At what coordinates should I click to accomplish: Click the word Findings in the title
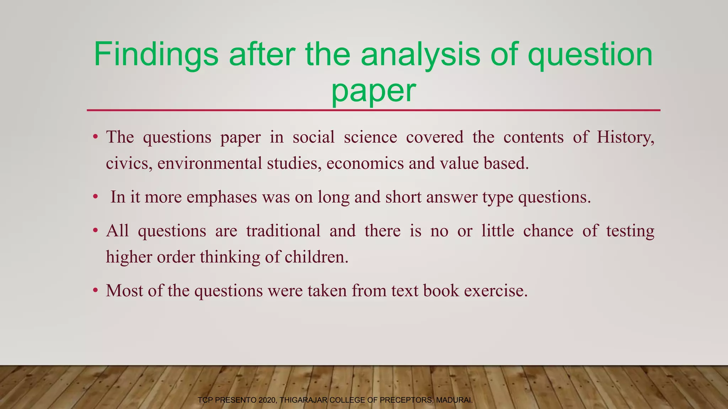point(156,55)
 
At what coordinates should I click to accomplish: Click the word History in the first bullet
point(625,137)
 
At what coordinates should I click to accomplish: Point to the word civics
point(129,164)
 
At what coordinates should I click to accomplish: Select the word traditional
point(283,231)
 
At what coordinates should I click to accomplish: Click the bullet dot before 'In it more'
point(95,197)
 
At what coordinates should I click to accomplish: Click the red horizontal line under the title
point(373,110)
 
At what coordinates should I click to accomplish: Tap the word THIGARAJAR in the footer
point(304,400)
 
